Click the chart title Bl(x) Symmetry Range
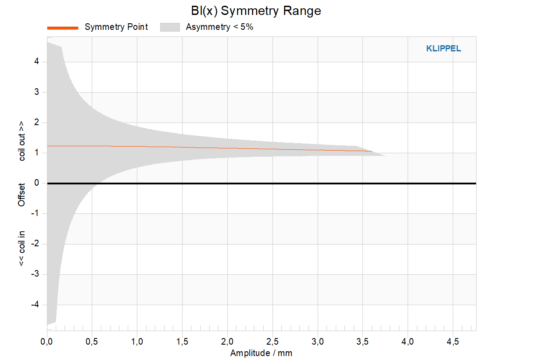coord(256,11)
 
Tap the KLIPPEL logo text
coord(444,49)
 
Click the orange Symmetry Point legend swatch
coord(63,28)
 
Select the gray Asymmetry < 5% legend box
coord(170,27)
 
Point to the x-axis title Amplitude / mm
coord(261,353)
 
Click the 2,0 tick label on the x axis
coord(227,342)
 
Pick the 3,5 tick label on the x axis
coord(362,342)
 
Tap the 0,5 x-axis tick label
coord(92,342)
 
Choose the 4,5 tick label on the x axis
coord(452,342)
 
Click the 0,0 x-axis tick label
coord(47,342)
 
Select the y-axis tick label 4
coord(36,61)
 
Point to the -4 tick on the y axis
coord(35,304)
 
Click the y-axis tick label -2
coord(35,244)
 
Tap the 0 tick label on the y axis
coord(36,183)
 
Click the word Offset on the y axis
coord(22,195)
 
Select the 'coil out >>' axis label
coord(22,141)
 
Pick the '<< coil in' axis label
coord(22,248)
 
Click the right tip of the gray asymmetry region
coord(385,156)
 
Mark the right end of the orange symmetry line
coord(372,151)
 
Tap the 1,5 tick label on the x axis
coord(182,342)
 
